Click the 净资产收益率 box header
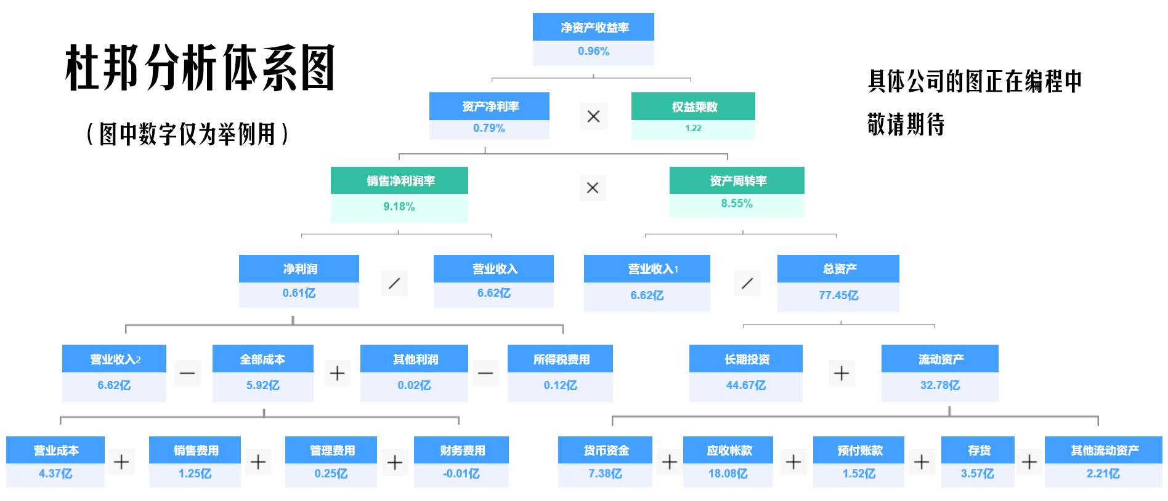tap(593, 27)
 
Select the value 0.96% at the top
tap(593, 52)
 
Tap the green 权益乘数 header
tap(694, 106)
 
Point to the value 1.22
tap(693, 129)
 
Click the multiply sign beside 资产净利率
tap(593, 116)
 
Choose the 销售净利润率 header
tap(400, 181)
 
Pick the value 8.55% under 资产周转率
tap(737, 204)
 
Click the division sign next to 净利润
tap(394, 283)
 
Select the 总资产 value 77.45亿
tap(838, 295)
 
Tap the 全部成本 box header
tap(262, 359)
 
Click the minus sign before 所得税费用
tap(485, 373)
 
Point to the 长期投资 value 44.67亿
tap(745, 385)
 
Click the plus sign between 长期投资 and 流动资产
tap(842, 373)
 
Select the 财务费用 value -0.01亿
tap(461, 474)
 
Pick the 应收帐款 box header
tap(729, 451)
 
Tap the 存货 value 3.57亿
tap(977, 474)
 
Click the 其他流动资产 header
tap(1103, 451)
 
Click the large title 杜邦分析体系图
tap(200, 68)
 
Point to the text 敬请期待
tap(906, 124)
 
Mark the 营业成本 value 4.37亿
tap(55, 474)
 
